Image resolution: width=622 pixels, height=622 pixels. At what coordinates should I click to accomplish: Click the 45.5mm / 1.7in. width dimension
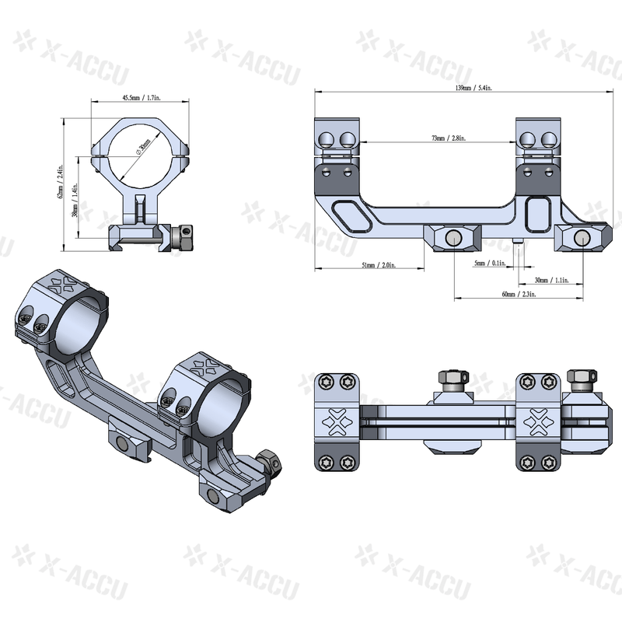[141, 99]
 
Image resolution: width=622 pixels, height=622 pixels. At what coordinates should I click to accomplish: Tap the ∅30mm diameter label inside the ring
[142, 149]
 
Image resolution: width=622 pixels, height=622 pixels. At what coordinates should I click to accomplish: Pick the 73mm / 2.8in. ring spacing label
[449, 138]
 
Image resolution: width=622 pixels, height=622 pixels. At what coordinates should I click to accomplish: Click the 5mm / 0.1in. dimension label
[489, 264]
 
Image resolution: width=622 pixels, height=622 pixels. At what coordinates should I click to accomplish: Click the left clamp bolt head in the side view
[453, 238]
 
